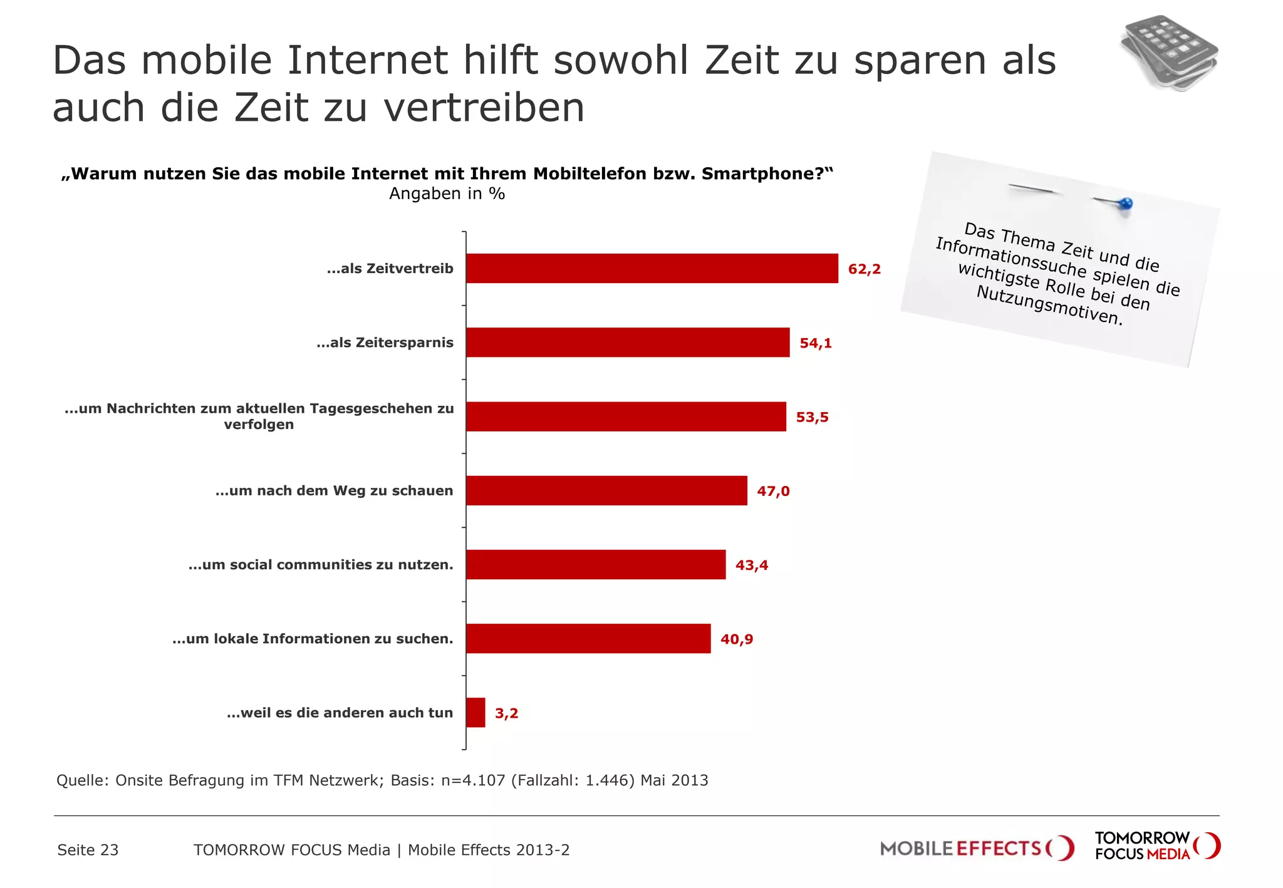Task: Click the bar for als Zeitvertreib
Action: point(652,269)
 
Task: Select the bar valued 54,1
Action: point(627,343)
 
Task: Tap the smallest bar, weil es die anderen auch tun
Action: point(475,713)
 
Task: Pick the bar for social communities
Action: point(595,565)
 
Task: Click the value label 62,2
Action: point(864,269)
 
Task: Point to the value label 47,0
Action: point(773,491)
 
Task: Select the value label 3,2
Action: point(506,713)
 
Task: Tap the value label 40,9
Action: point(736,639)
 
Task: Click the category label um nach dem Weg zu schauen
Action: point(334,491)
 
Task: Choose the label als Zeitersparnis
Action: point(385,343)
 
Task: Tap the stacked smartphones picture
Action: point(1169,53)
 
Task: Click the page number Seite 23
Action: point(88,850)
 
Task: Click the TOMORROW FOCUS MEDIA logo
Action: point(1156,846)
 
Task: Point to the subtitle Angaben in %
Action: point(447,194)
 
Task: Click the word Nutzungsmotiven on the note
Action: point(1049,306)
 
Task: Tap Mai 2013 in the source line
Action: point(674,780)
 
